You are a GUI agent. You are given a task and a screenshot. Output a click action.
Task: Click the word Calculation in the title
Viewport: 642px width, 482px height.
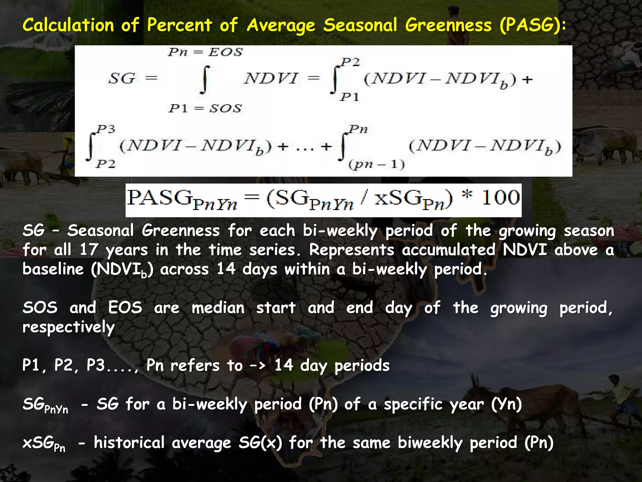(x=68, y=25)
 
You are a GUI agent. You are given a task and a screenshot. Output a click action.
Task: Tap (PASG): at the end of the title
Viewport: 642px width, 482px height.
(x=533, y=25)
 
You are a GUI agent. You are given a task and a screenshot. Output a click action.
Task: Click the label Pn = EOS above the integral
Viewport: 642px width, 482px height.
(x=205, y=52)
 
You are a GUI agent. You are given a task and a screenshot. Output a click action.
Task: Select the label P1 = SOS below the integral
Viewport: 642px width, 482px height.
(x=205, y=109)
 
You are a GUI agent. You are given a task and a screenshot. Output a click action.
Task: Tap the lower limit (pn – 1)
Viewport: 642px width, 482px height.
(x=376, y=164)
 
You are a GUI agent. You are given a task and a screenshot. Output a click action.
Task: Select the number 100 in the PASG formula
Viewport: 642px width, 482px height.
(x=500, y=198)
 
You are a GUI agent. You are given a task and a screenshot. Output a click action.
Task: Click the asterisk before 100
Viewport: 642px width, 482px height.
(x=467, y=195)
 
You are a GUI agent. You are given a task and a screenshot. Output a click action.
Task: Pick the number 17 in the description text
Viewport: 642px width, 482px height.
(x=89, y=250)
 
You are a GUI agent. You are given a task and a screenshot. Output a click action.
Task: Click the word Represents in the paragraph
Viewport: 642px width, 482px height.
(x=351, y=250)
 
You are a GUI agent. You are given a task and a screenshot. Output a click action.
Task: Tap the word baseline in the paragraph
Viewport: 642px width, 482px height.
(x=53, y=269)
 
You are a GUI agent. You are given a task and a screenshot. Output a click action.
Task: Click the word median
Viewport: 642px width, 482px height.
(x=218, y=308)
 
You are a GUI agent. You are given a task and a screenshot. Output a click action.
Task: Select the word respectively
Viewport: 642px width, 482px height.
(x=69, y=327)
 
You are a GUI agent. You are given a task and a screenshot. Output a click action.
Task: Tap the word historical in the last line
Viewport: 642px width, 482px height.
(x=129, y=443)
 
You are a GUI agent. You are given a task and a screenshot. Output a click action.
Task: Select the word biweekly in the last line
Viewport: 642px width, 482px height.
(x=430, y=443)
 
